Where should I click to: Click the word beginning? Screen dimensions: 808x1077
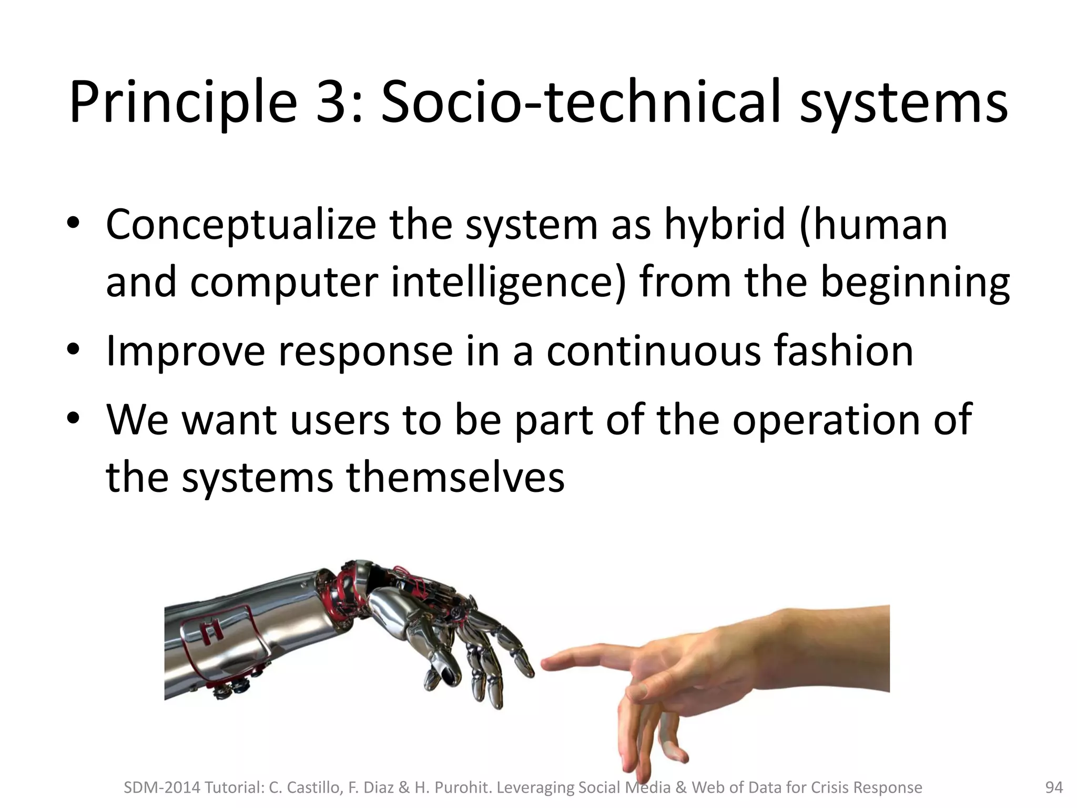click(915, 282)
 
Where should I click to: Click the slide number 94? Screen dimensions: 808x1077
click(1053, 787)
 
